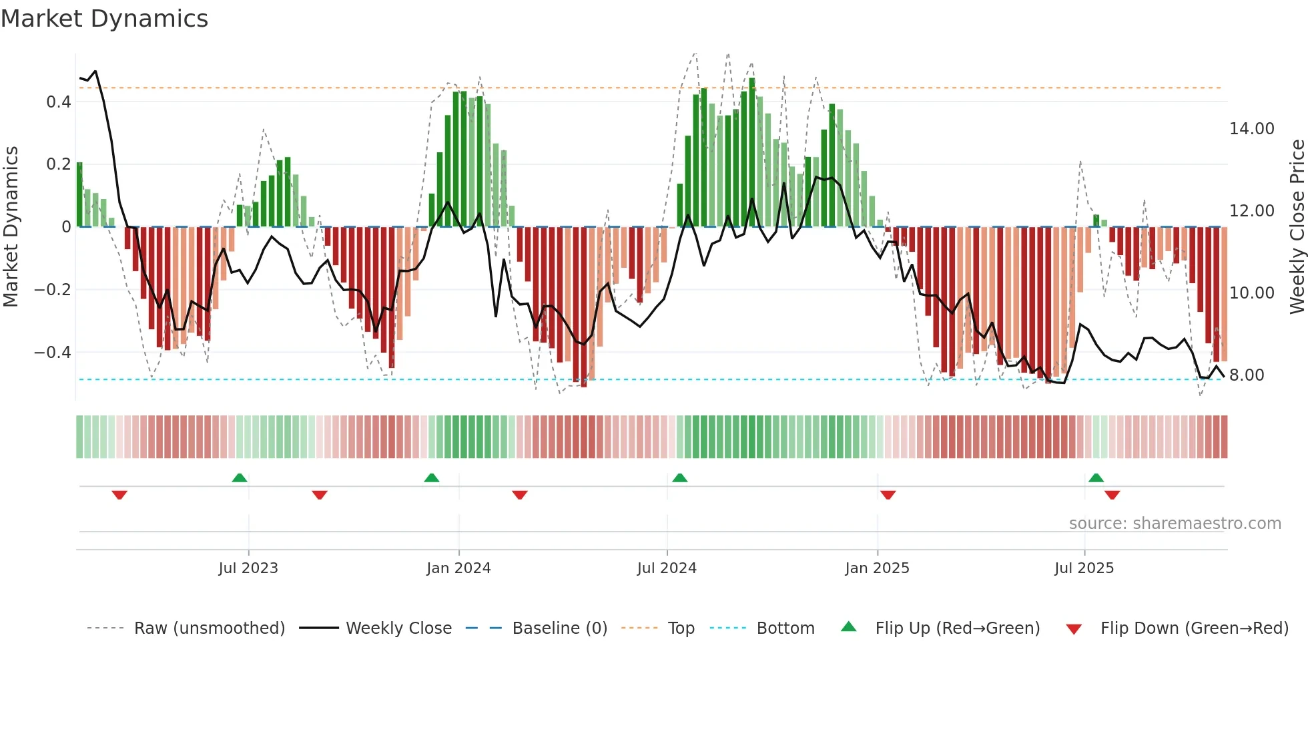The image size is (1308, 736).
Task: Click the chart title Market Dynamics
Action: click(x=105, y=19)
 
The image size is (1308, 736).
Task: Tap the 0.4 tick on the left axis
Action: click(x=58, y=102)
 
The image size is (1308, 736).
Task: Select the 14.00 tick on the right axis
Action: click(x=1251, y=128)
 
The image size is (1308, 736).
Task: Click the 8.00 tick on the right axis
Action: click(x=1246, y=375)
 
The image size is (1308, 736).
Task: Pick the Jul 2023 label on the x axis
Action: click(x=248, y=568)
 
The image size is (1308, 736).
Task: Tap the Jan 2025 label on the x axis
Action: click(x=876, y=568)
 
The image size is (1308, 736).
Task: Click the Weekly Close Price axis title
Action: click(x=1297, y=226)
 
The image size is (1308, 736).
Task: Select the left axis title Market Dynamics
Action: click(x=11, y=226)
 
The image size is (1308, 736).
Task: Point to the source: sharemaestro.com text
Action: click(x=1175, y=523)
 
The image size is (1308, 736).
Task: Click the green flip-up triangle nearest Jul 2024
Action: click(x=679, y=478)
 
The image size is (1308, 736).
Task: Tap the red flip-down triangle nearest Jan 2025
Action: click(x=888, y=495)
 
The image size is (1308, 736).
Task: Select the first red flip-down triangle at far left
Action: click(x=119, y=495)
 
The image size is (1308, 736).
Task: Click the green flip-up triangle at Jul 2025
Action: click(x=1096, y=478)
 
